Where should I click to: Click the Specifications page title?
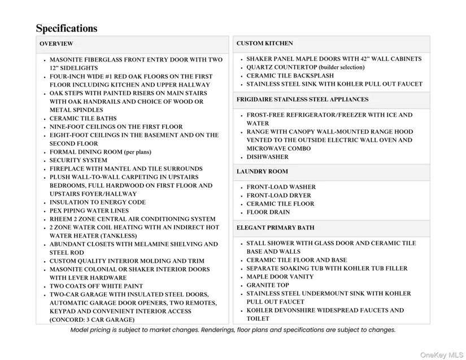(67, 28)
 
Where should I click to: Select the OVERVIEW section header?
(56, 44)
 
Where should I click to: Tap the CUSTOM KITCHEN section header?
(264, 44)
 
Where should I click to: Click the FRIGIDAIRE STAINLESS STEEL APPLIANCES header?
(302, 99)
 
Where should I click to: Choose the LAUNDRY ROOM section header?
(262, 171)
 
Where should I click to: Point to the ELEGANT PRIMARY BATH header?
(276, 228)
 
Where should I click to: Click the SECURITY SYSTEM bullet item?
(78, 161)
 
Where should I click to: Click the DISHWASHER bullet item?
(267, 157)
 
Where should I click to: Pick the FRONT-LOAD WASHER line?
(281, 187)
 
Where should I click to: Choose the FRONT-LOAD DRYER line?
(278, 196)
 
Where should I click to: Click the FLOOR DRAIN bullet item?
(268, 212)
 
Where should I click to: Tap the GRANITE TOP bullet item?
(268, 285)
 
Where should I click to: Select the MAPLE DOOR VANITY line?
(280, 277)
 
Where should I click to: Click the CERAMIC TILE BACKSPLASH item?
(290, 76)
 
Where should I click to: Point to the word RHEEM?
(60, 219)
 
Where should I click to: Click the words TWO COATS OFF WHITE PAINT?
(96, 287)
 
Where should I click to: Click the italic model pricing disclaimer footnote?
(233, 330)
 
